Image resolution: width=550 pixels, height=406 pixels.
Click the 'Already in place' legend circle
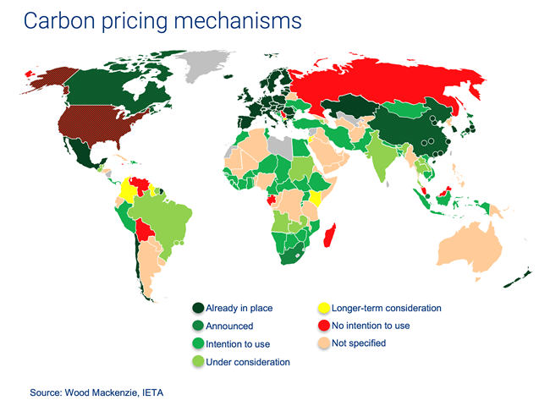199,309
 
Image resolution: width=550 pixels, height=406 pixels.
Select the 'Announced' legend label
229,326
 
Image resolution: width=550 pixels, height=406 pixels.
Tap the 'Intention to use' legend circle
199,343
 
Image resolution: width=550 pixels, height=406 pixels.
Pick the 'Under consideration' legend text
248,361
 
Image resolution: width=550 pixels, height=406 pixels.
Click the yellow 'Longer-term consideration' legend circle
323,309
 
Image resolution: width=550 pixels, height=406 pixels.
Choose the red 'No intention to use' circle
323,326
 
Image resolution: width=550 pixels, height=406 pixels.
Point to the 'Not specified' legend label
359,343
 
